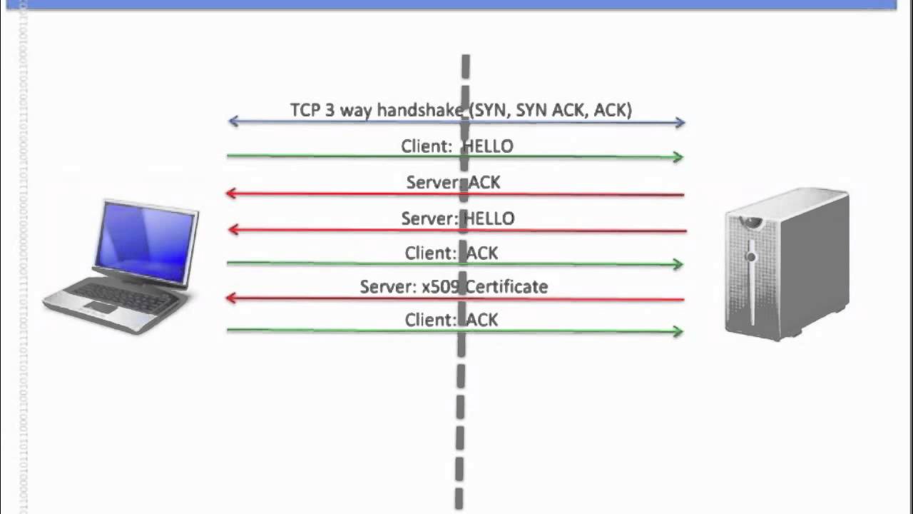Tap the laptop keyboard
126,296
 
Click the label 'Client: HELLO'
457,146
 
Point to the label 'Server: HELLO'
457,218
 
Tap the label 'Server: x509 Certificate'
454,287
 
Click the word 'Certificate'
506,287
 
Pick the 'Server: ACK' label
453,183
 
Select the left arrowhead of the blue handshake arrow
233,121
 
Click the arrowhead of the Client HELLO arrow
678,157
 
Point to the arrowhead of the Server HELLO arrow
232,229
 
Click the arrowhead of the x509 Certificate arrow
231,298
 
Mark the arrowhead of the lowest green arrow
678,331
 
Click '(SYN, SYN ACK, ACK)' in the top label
549,110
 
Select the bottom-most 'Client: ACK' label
452,320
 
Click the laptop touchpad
101,307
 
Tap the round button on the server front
750,256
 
